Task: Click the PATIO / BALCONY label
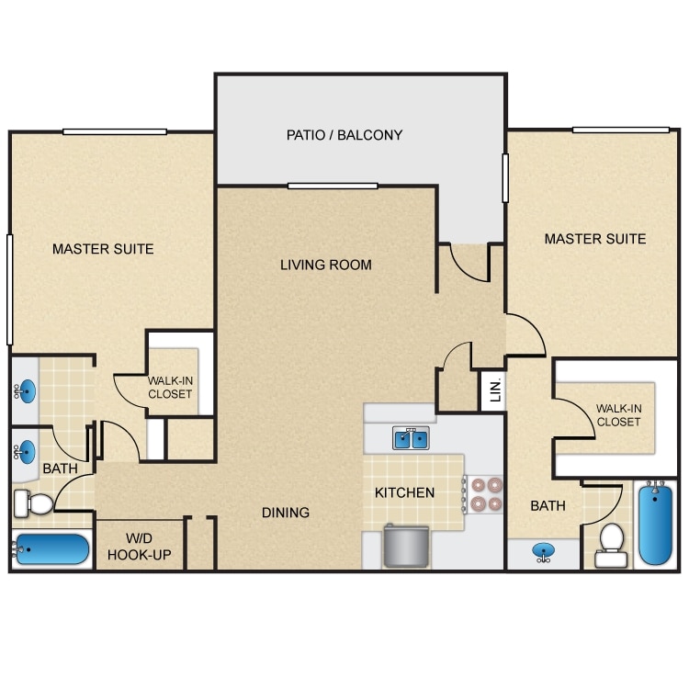344,135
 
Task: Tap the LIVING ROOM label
325,265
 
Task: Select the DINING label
285,513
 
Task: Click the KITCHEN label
404,492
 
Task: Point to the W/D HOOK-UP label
139,547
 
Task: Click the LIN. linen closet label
495,390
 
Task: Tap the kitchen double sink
411,438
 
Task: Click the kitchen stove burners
486,494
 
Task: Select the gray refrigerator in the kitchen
405,547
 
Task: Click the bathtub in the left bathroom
51,549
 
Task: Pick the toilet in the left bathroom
33,503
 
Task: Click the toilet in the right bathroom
611,546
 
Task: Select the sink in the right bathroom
544,551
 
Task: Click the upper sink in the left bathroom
25,391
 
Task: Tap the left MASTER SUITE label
103,249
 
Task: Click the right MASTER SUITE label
595,239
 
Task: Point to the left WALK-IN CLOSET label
170,387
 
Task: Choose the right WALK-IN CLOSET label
618,415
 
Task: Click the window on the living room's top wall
333,186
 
